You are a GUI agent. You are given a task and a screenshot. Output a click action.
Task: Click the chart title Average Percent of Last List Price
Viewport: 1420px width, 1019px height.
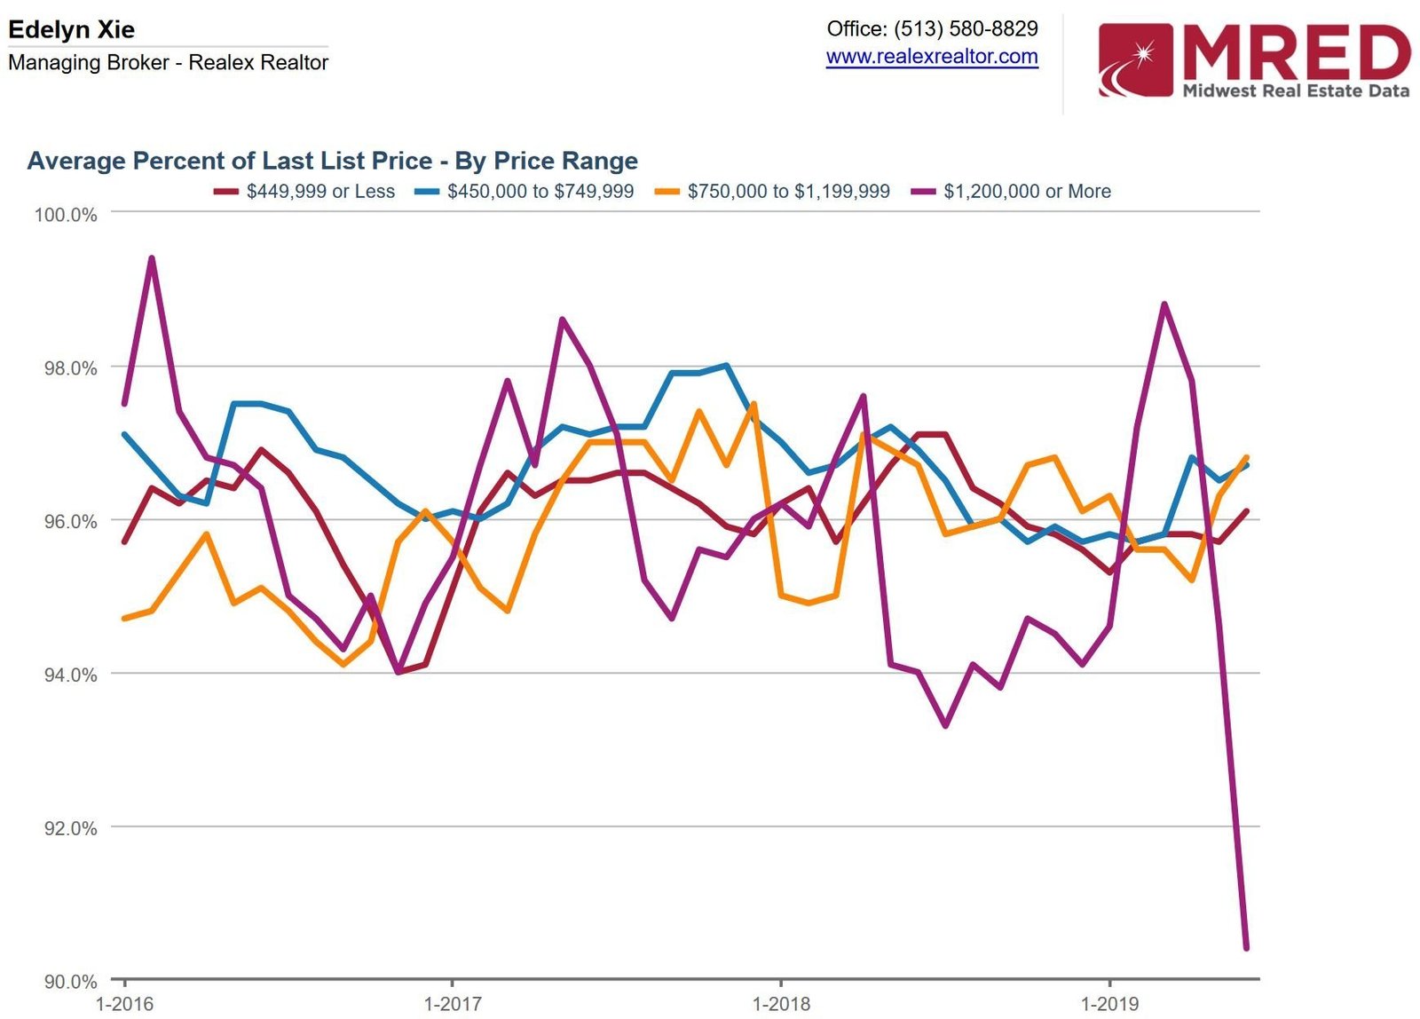pyautogui.click(x=332, y=161)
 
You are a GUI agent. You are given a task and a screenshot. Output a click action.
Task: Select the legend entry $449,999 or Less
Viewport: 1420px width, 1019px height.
pyautogui.click(x=319, y=192)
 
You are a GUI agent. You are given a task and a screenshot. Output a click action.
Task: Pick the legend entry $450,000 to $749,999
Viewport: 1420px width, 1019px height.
pyautogui.click(x=540, y=192)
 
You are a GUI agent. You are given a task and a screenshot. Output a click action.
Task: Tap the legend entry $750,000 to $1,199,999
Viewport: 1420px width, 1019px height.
pyautogui.click(x=788, y=192)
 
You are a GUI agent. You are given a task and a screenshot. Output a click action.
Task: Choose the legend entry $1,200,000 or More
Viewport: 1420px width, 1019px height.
pyautogui.click(x=1027, y=192)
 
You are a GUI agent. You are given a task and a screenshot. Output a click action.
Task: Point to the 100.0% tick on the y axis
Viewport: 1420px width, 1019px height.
pyautogui.click(x=66, y=215)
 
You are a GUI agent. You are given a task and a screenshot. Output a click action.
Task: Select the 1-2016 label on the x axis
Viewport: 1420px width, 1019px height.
pyautogui.click(x=124, y=1004)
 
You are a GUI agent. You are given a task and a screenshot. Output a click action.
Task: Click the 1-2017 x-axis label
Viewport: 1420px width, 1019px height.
pyautogui.click(x=453, y=1004)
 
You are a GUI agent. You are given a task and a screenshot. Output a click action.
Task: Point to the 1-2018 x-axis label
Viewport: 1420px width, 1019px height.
pyautogui.click(x=781, y=1004)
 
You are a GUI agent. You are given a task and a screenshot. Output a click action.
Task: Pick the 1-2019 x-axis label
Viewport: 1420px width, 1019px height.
pyautogui.click(x=1109, y=1004)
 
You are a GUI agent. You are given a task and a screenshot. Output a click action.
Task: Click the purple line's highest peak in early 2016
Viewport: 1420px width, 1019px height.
pyautogui.click(x=152, y=258)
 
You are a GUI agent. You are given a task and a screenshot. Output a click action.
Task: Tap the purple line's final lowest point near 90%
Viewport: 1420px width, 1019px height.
pyautogui.click(x=1246, y=948)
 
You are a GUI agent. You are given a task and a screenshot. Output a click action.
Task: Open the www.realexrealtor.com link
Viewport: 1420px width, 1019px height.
pyautogui.click(x=932, y=57)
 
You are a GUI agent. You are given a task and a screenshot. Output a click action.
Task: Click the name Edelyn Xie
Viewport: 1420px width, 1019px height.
pyautogui.click(x=71, y=29)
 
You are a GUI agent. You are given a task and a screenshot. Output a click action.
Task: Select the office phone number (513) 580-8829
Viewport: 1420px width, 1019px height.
pyautogui.click(x=966, y=28)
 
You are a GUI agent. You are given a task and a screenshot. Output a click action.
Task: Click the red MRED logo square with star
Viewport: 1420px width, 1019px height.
pyautogui.click(x=1135, y=59)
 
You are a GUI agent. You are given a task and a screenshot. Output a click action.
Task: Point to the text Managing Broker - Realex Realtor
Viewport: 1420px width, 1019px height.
pyautogui.click(x=168, y=63)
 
